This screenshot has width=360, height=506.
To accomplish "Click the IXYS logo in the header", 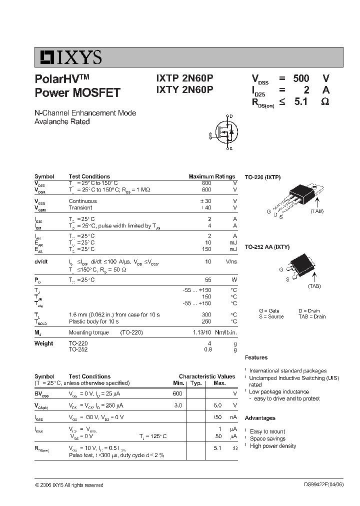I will (68, 57).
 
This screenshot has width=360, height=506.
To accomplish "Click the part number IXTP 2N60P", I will (184, 79).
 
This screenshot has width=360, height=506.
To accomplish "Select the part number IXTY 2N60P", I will (184, 90).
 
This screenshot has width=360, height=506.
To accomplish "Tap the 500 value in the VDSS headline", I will (301, 78).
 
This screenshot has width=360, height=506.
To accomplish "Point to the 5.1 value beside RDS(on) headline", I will (301, 102).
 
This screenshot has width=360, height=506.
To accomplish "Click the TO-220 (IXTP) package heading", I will (262, 177).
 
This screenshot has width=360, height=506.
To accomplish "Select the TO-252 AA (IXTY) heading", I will (267, 247).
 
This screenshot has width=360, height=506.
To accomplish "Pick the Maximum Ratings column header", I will (211, 176).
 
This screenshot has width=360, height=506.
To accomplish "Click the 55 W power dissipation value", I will (208, 280).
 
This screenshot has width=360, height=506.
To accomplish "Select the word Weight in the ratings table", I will (43, 343).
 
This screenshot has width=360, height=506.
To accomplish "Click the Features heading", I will (256, 357).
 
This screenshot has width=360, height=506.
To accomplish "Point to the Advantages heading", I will (260, 418).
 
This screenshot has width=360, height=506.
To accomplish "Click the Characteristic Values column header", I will (206, 376).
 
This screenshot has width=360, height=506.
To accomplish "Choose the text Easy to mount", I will (267, 431).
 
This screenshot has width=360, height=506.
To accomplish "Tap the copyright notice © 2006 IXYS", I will (69, 485).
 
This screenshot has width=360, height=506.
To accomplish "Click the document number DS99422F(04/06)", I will (323, 484).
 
